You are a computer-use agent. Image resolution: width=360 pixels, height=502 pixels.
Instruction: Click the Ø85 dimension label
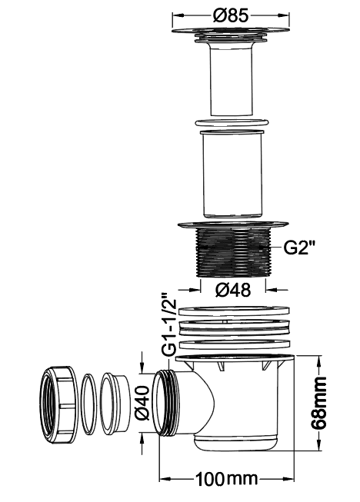tap(231, 15)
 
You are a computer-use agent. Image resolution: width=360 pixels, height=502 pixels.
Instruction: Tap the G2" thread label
tap(300, 248)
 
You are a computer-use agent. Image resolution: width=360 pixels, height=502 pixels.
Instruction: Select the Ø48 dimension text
tap(233, 290)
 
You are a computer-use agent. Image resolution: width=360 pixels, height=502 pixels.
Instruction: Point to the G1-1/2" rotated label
tap(169, 324)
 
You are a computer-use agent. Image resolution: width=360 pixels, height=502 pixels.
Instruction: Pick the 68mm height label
tap(318, 403)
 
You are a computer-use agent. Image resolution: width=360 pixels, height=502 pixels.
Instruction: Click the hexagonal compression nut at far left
tap(59, 405)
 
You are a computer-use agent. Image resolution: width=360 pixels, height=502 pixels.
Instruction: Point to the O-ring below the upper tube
tap(232, 123)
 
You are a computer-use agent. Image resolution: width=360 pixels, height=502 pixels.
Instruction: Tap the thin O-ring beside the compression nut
tap(88, 404)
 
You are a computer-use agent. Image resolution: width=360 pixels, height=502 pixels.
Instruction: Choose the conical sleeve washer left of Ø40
tap(115, 405)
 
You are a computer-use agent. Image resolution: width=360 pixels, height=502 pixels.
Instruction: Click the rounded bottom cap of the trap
tap(236, 443)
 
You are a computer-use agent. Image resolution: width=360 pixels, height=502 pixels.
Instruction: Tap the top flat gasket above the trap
tap(235, 311)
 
